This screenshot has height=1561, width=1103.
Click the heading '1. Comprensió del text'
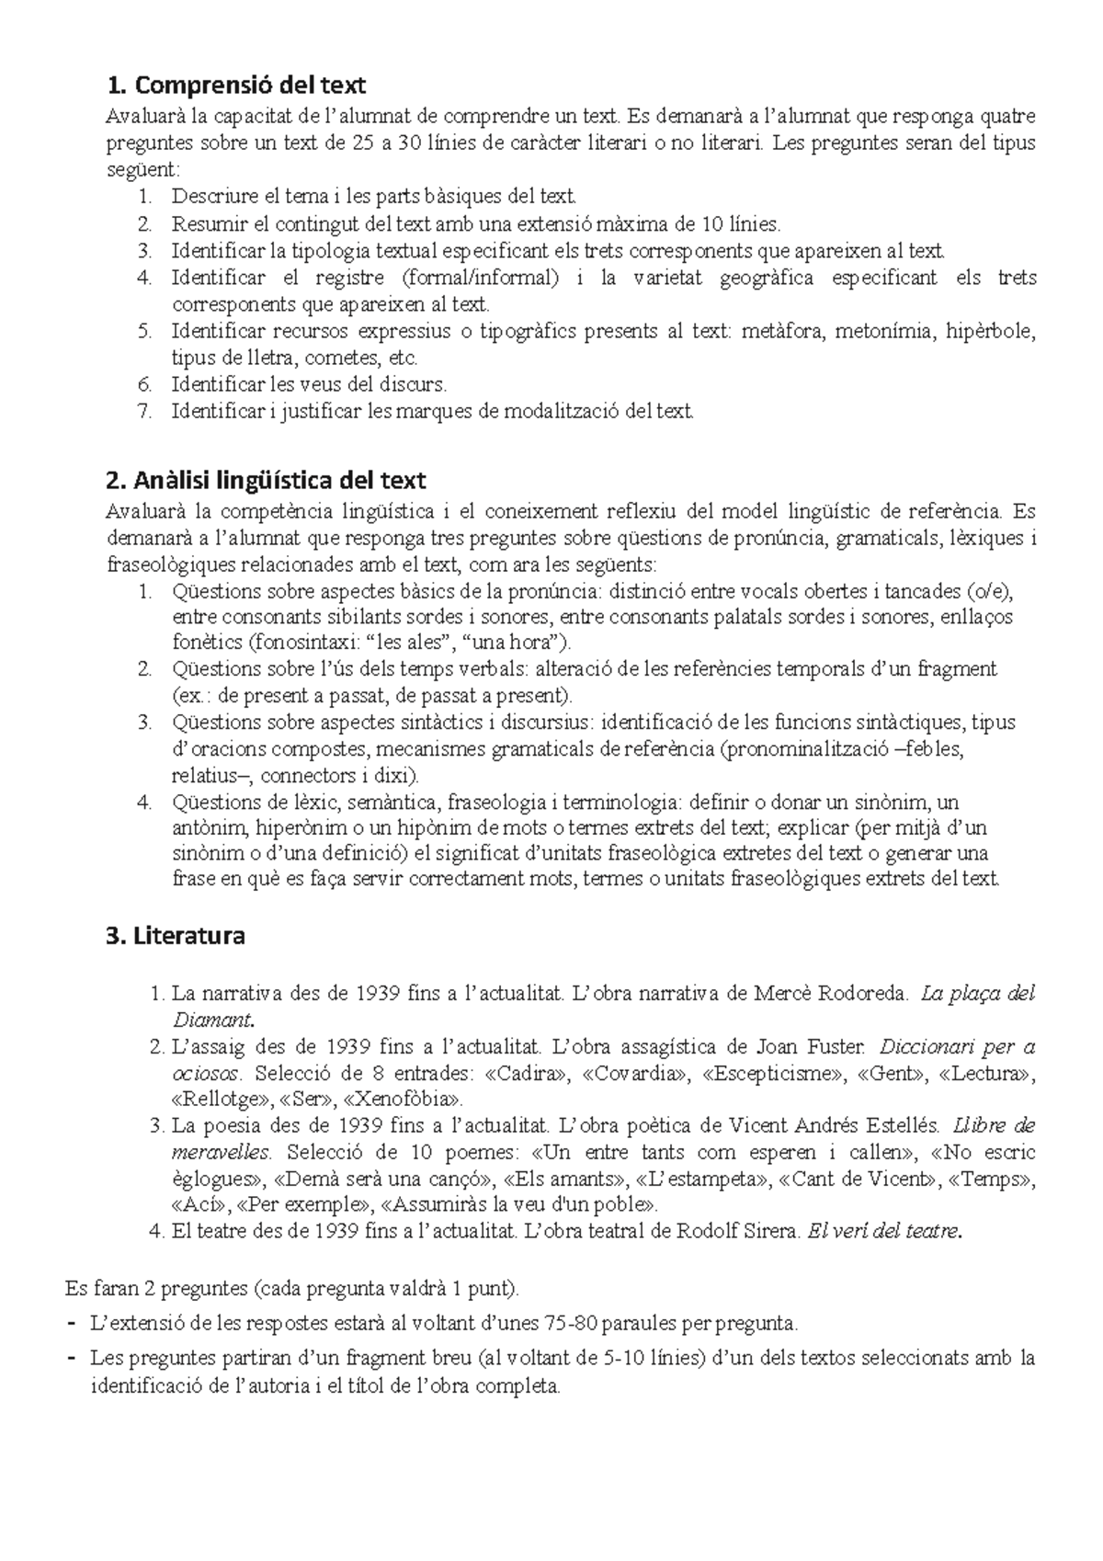pyautogui.click(x=236, y=85)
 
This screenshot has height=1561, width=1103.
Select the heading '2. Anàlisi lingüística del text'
pyautogui.click(x=266, y=480)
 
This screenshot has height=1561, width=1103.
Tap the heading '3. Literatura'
pyautogui.click(x=176, y=937)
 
